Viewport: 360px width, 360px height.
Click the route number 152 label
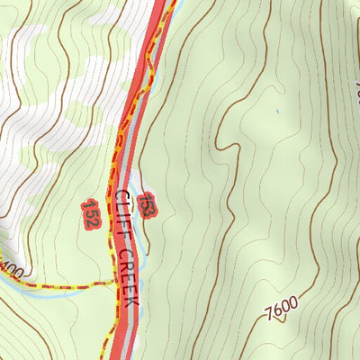pyautogui.click(x=90, y=211)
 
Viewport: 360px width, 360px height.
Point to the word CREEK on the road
pyautogui.click(x=128, y=275)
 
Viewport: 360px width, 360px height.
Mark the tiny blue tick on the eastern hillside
pyautogui.click(x=278, y=112)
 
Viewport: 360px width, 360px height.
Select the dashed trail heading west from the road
pyautogui.click(x=63, y=286)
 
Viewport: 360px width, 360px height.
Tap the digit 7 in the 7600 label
pyautogui.click(x=270, y=316)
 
